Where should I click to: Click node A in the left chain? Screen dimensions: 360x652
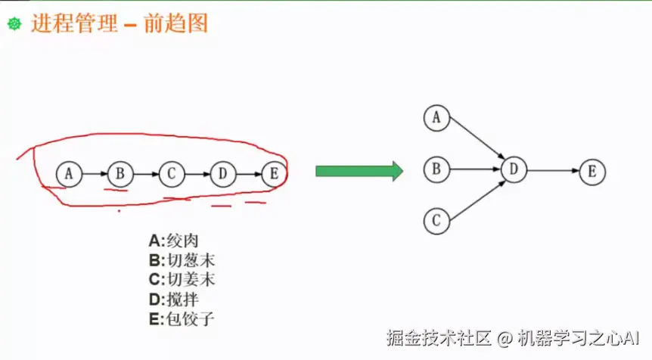coord(69,174)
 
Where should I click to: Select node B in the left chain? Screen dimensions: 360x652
coord(120,174)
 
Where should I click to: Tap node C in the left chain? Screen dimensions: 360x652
coord(171,174)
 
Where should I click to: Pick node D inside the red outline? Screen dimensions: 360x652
coord(222,174)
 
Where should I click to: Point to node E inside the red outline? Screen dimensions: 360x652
coord(273,174)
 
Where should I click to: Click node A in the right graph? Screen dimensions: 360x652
coord(436,118)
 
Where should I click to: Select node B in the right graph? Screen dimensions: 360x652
coord(436,169)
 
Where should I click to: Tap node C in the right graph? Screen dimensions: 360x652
coord(436,221)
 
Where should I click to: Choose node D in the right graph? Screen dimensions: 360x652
coord(514,169)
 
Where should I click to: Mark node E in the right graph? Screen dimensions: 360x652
coord(592,171)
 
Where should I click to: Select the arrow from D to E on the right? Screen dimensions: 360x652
coord(553,170)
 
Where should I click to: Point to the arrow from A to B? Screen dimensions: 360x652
coord(95,174)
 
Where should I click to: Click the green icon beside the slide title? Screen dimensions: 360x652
coord(14,24)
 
